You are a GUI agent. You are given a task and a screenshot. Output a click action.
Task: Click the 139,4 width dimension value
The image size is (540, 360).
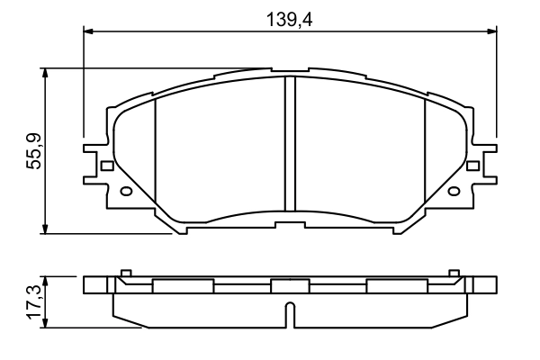pyautogui.click(x=290, y=15)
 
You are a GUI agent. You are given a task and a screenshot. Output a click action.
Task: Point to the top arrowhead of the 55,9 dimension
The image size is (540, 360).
pyautogui.click(x=45, y=72)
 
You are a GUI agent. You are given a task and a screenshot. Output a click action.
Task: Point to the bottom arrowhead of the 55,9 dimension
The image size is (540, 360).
pyautogui.click(x=45, y=229)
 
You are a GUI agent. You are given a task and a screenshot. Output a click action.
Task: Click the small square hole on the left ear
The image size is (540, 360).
pyautogui.click(x=107, y=166)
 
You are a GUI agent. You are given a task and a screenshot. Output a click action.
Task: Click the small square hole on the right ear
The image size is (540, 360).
pyautogui.click(x=473, y=166)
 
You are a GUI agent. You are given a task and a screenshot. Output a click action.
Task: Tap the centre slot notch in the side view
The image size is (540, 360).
pyautogui.click(x=290, y=316)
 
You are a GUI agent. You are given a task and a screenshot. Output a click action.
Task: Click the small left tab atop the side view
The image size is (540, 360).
pyautogui.click(x=126, y=272)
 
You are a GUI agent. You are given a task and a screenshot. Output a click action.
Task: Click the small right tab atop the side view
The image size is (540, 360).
pyautogui.click(x=454, y=272)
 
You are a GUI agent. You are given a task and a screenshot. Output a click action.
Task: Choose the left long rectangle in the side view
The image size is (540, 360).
pyautogui.click(x=184, y=286)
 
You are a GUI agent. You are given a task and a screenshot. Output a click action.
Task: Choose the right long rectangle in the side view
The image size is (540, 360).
pyautogui.click(x=396, y=286)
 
